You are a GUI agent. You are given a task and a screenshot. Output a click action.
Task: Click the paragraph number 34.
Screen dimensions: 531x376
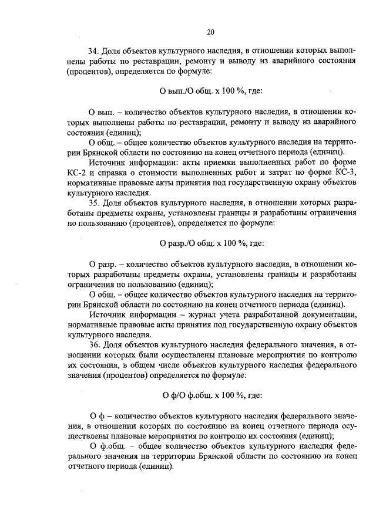click(x=94, y=51)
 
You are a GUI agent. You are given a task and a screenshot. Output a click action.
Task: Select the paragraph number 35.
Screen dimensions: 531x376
click(x=94, y=203)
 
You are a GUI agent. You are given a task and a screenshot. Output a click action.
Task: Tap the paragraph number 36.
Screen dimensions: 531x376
click(x=94, y=344)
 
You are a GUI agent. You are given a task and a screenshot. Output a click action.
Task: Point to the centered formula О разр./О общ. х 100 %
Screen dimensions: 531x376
click(x=211, y=242)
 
